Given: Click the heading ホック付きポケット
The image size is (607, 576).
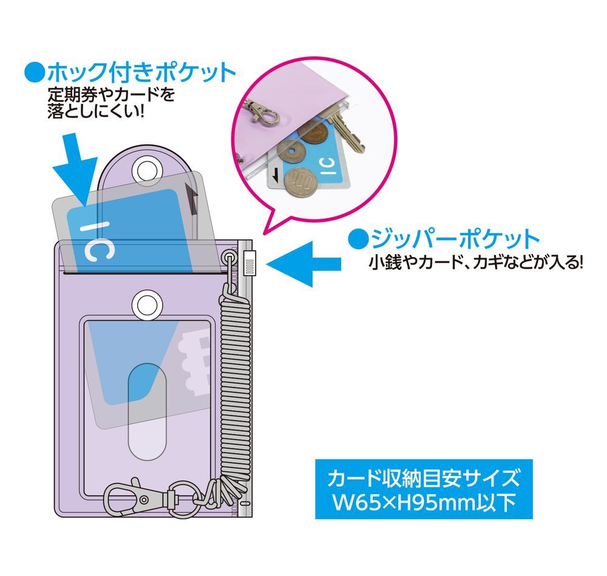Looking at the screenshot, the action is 141,72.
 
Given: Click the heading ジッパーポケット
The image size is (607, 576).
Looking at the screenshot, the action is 455,239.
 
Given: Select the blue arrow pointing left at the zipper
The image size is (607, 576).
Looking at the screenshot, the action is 304,264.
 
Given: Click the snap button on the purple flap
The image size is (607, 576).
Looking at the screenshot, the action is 147,170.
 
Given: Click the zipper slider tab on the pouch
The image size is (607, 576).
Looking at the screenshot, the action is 249,263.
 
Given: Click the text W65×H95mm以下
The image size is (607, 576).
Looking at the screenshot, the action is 424,503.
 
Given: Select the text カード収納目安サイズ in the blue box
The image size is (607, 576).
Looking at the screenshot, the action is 423,478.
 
